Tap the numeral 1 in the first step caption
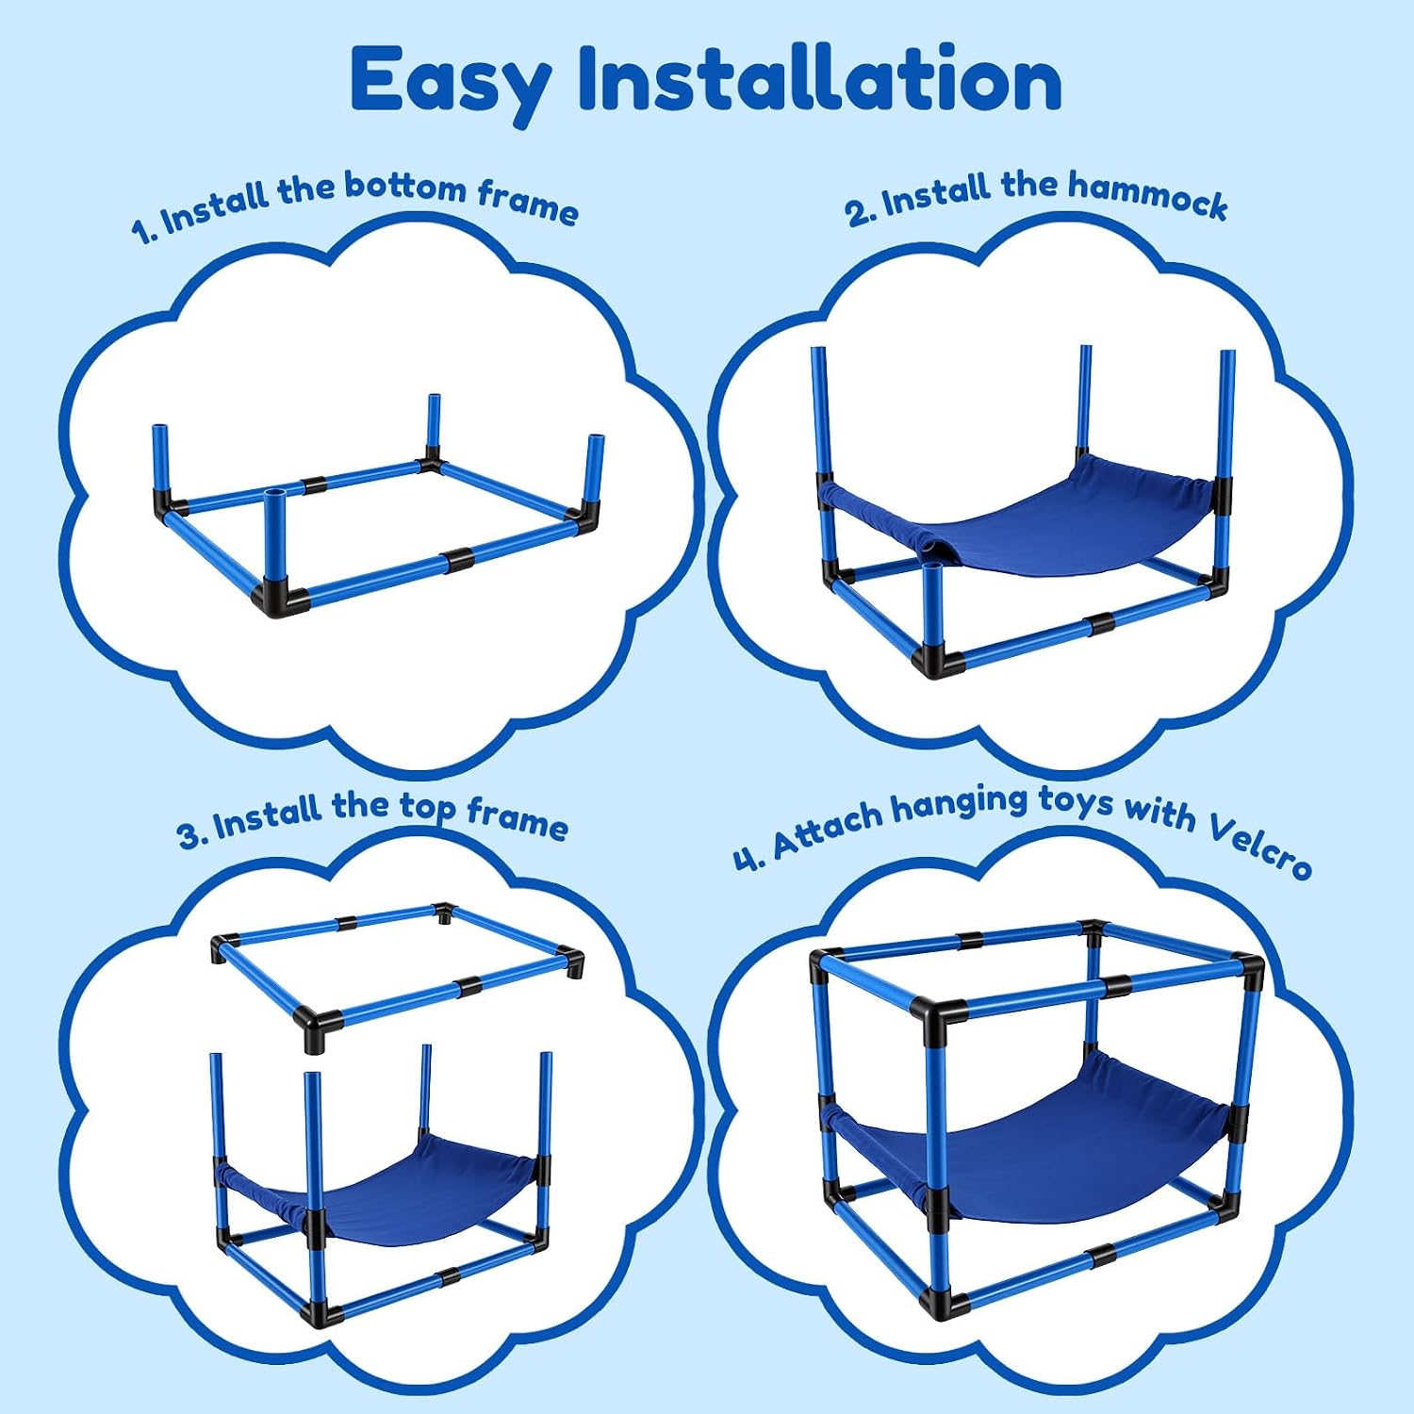[x=141, y=230]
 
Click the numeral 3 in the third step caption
[x=189, y=834]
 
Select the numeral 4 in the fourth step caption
[x=747, y=859]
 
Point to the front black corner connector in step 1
[x=281, y=600]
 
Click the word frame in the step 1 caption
[x=527, y=202]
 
